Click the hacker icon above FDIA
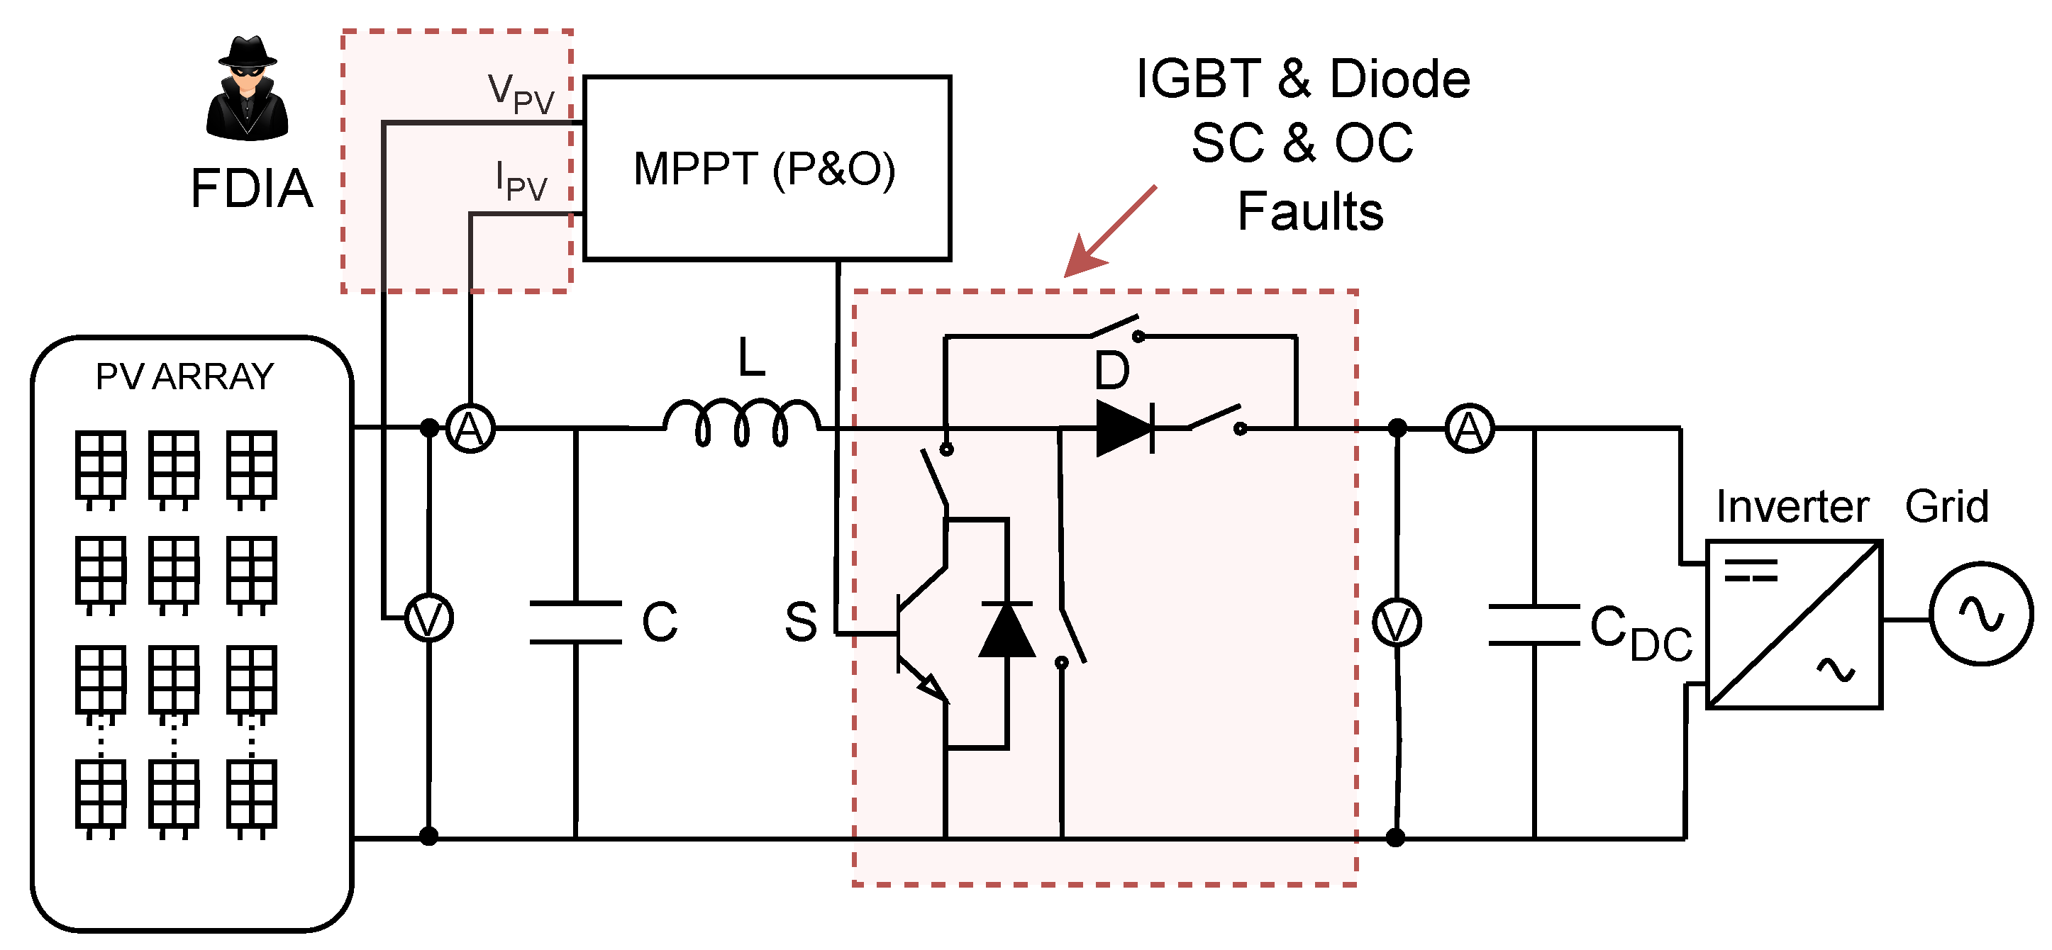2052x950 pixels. click(x=247, y=89)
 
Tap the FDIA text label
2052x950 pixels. click(x=252, y=189)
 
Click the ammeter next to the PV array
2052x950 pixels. click(x=470, y=428)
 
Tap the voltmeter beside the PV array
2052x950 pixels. click(x=429, y=619)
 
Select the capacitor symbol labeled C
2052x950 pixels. click(x=576, y=622)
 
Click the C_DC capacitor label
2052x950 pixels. click(x=1639, y=633)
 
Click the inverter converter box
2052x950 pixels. click(x=1794, y=625)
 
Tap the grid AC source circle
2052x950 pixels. click(x=1981, y=613)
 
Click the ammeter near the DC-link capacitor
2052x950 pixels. click(x=1469, y=429)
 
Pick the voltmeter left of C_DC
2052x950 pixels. click(x=1397, y=622)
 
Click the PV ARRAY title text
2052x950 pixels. click(x=185, y=376)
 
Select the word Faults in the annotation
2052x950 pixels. click(x=1309, y=213)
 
